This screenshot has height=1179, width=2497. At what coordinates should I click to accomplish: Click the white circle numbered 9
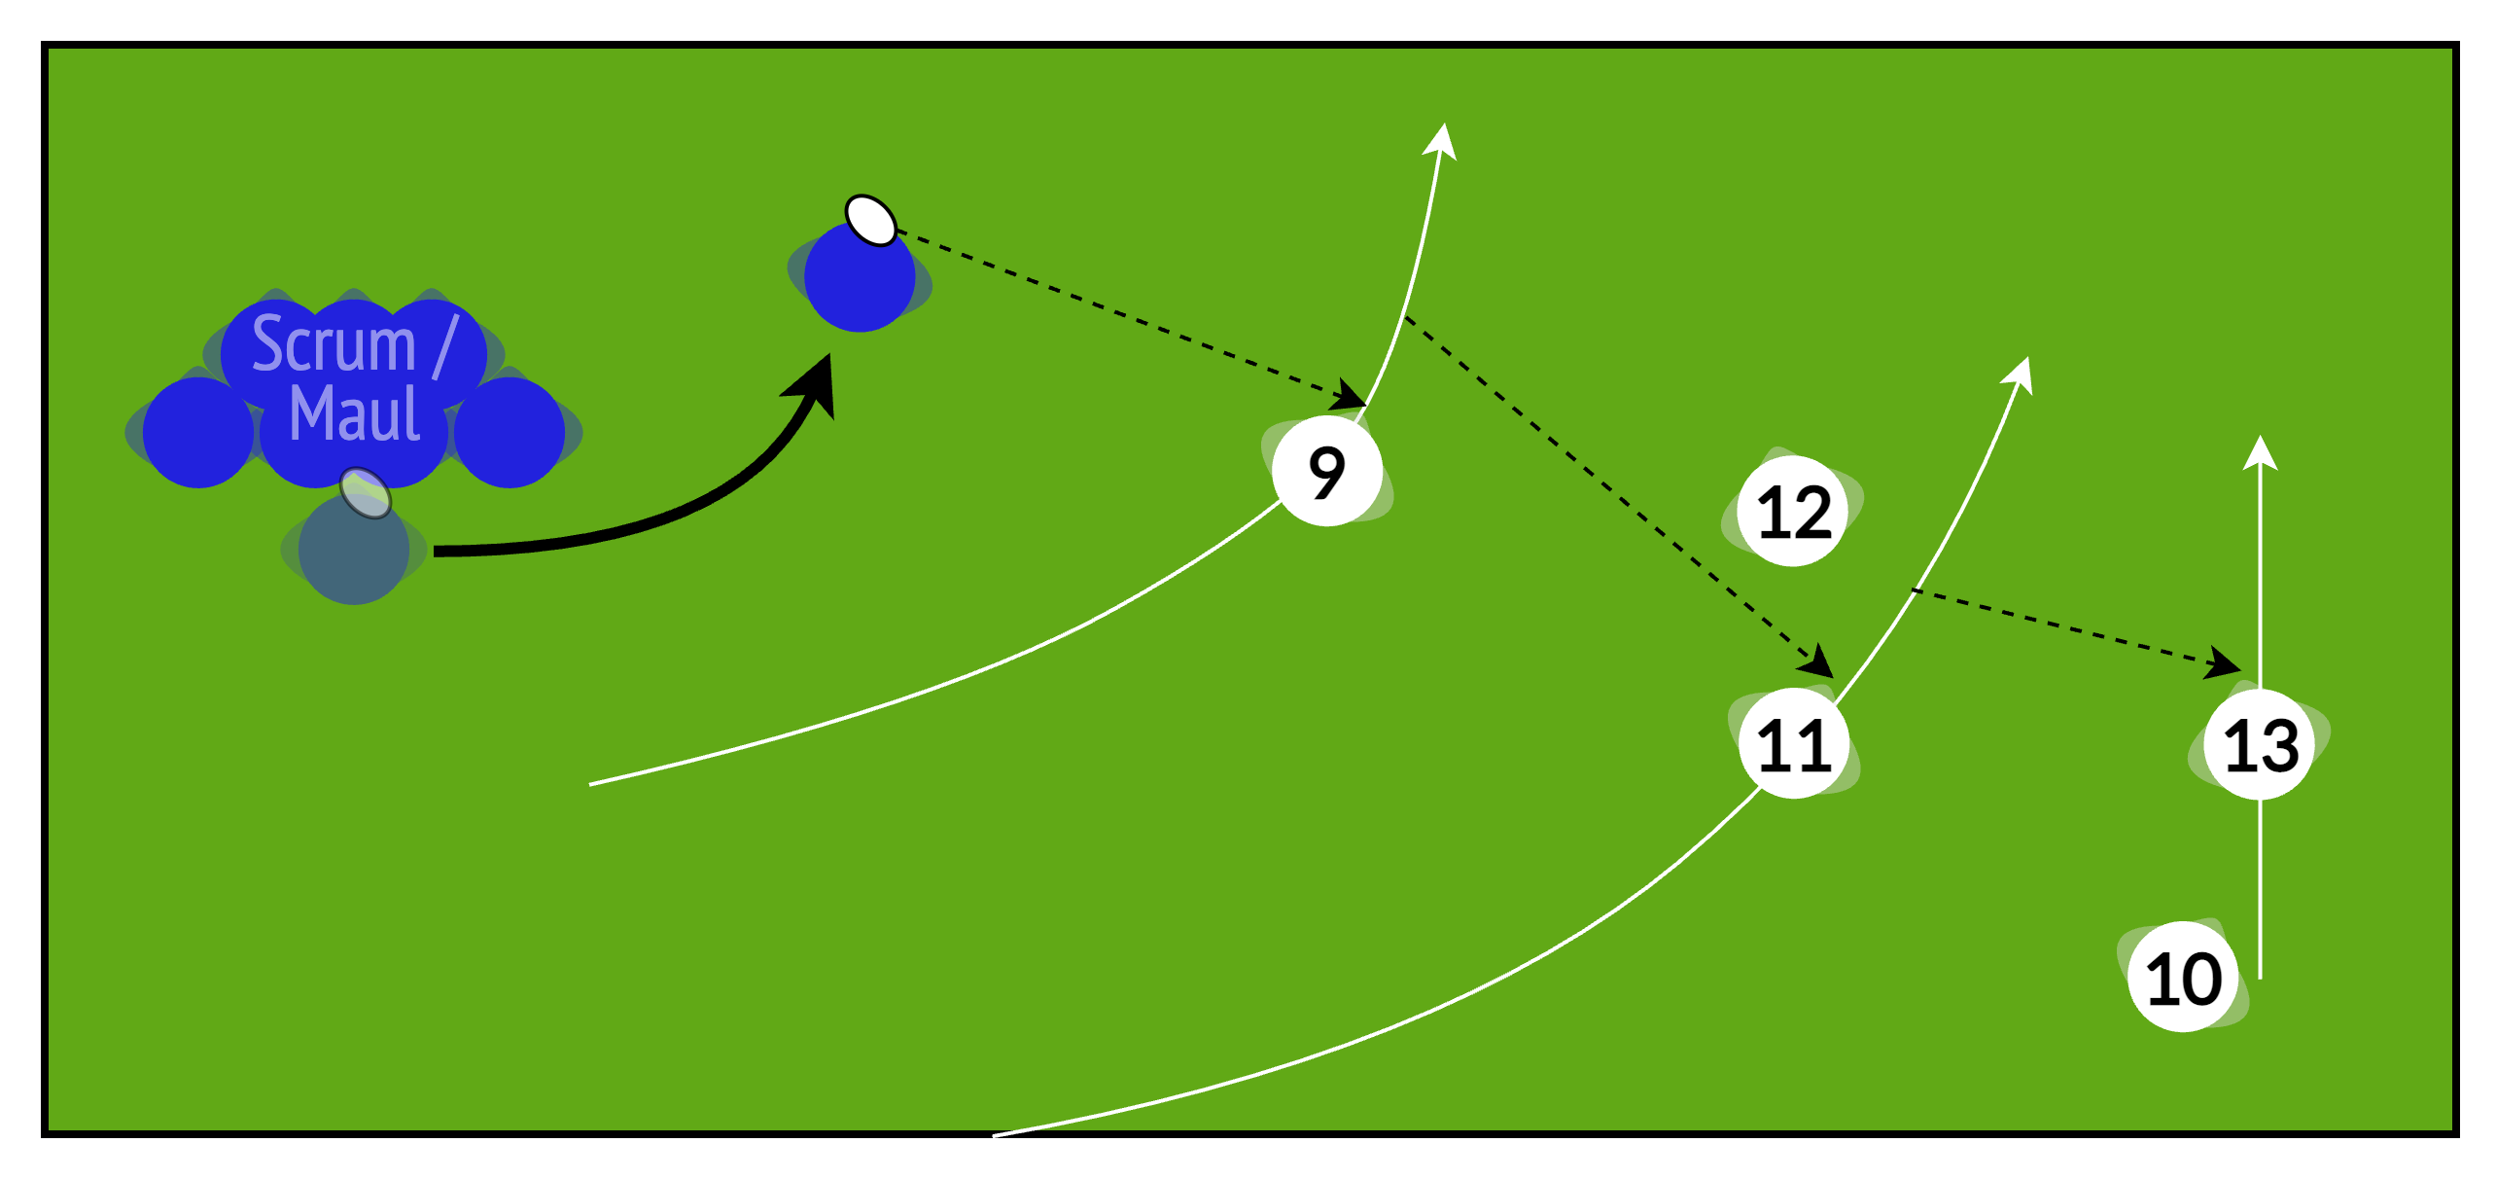click(1327, 472)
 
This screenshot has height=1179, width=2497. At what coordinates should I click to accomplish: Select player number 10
click(2183, 977)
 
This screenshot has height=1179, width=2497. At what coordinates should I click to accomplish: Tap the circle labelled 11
click(1794, 744)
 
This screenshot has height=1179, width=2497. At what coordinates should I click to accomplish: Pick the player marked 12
click(1794, 512)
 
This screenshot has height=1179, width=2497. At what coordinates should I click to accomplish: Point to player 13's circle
click(2261, 744)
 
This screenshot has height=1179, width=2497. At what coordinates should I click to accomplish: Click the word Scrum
click(334, 344)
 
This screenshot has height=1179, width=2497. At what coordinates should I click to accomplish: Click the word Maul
click(355, 414)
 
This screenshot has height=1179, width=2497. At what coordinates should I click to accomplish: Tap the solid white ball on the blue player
click(870, 221)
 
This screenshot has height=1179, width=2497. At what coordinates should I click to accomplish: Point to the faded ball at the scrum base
click(366, 492)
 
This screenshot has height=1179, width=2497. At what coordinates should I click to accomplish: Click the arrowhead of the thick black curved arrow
click(815, 382)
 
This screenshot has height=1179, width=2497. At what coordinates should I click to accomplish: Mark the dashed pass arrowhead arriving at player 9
click(1350, 396)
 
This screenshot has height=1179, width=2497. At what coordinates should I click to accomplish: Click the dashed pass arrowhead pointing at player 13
click(2223, 665)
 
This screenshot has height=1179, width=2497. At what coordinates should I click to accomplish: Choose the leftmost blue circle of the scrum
click(198, 432)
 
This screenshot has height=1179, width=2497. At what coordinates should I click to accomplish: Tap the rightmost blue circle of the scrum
click(510, 432)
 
